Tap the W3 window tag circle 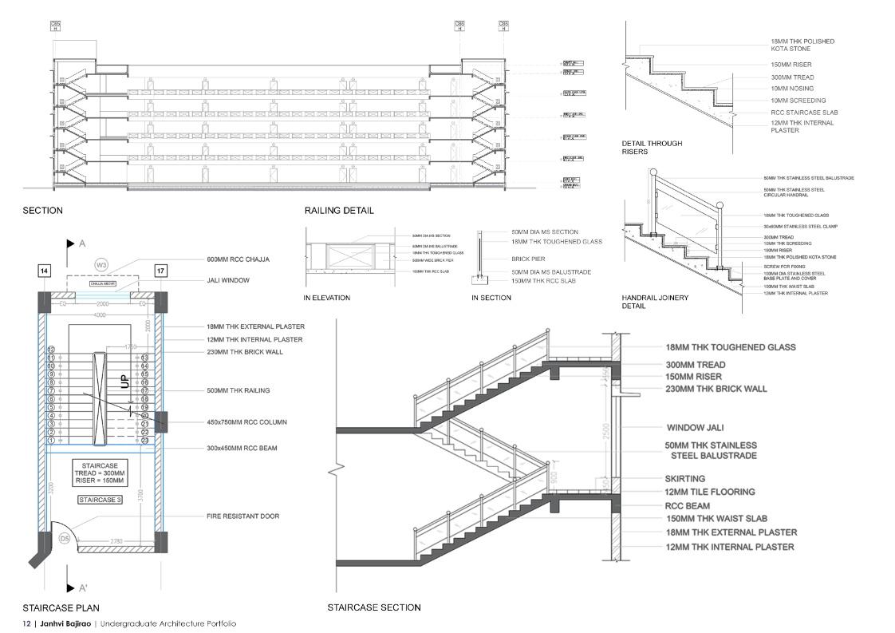coord(101,264)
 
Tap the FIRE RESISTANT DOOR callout coord(242,516)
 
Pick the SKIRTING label coord(685,479)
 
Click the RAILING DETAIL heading coord(339,211)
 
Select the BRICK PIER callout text coord(529,259)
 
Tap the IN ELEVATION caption coord(326,298)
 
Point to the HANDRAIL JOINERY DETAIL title coord(655,302)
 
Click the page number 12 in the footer coord(26,623)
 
